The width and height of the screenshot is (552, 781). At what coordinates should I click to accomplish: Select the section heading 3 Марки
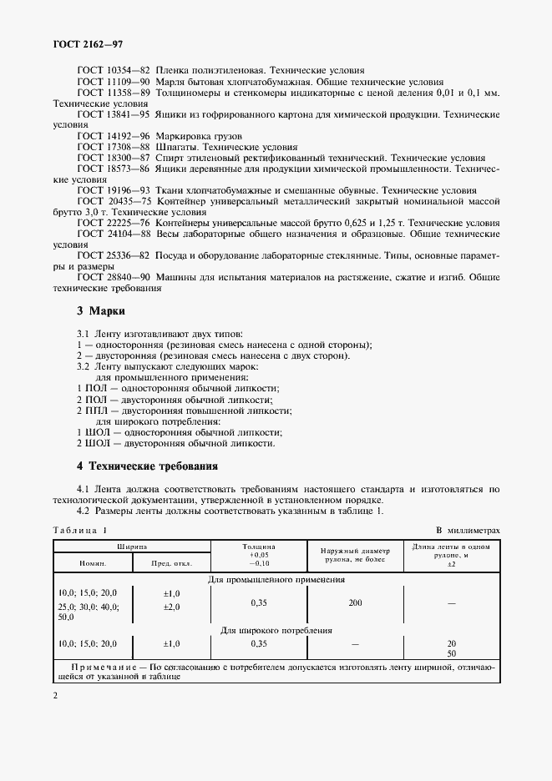pos(100,311)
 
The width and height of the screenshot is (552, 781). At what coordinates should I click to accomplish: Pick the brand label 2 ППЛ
pos(89,411)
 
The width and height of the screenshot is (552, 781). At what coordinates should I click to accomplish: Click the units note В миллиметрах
pos(468,531)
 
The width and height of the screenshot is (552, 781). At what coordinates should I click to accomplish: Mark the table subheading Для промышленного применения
pos(276,579)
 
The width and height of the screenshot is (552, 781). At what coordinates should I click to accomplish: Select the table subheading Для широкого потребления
pos(276,631)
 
